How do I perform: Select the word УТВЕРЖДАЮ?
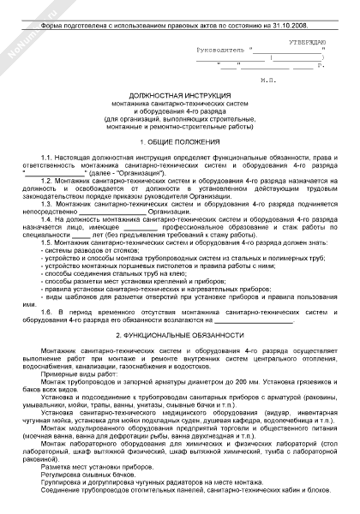[x=308, y=41]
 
